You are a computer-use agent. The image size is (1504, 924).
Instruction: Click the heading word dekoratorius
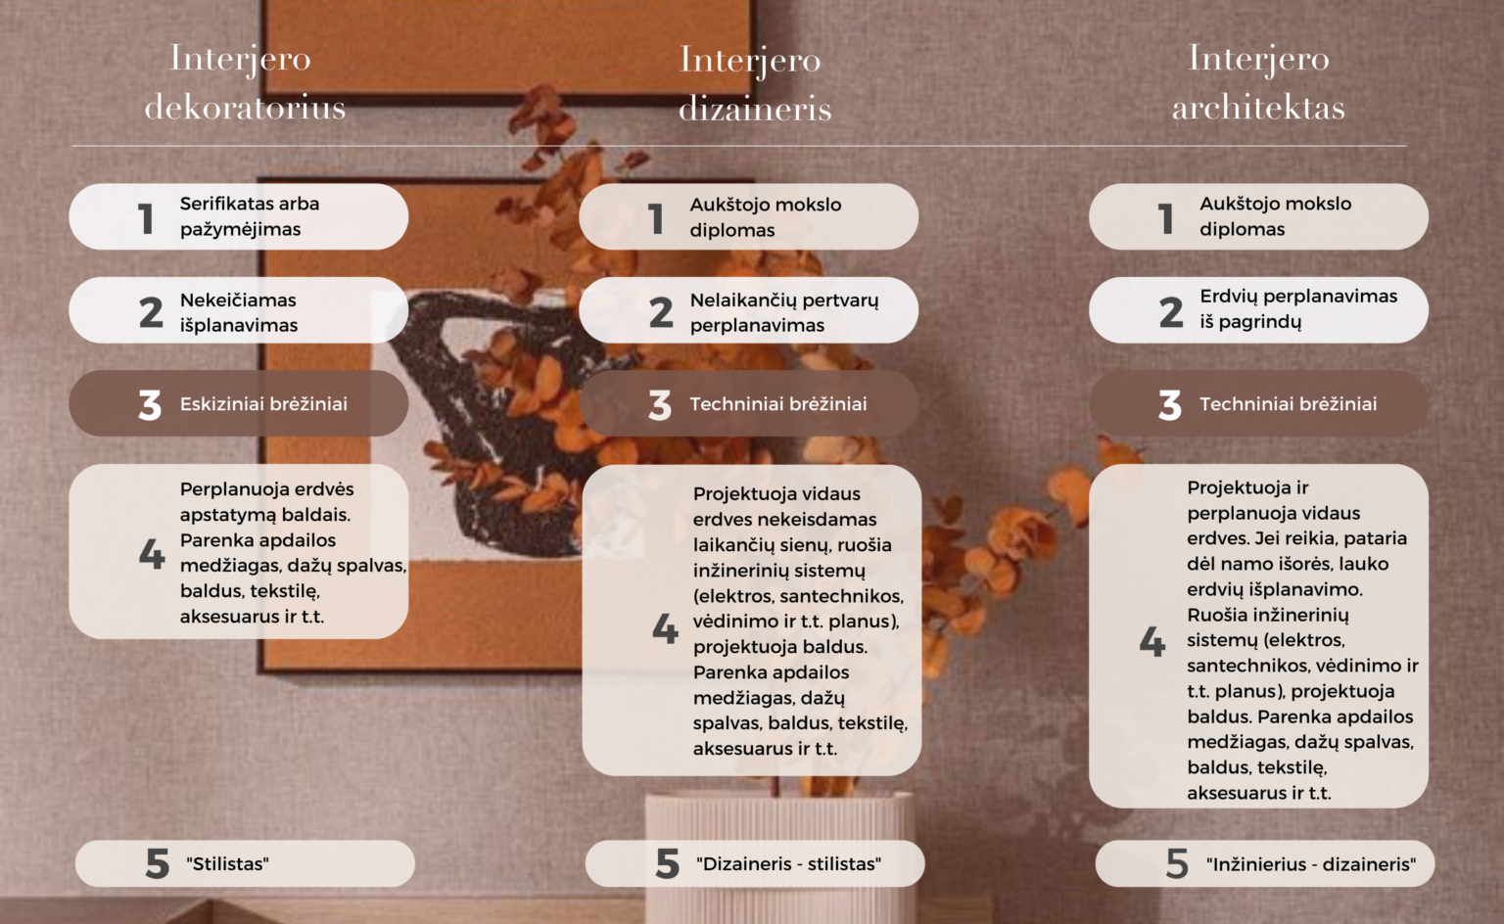coord(245,107)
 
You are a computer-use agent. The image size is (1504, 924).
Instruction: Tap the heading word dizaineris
coord(755,108)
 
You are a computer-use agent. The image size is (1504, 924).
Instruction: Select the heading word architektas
coord(1259,107)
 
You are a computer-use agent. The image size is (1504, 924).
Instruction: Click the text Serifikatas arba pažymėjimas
coord(250,216)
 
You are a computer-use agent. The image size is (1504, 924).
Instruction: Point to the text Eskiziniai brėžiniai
coord(263,404)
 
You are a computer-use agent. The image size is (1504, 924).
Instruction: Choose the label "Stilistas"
coord(227,863)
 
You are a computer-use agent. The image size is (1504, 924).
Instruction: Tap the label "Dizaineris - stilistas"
coord(789,863)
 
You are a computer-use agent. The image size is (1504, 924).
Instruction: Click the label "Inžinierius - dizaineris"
coord(1311,863)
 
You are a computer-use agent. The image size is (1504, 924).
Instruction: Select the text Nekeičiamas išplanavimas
coord(238,312)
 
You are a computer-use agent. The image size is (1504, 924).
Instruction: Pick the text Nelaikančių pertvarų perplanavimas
coord(784,312)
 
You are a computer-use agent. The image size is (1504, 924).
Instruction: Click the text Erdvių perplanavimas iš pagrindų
coord(1298,308)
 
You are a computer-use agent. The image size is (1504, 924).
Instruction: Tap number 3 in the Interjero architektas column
coord(1170,404)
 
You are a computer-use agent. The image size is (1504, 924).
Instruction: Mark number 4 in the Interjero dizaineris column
coord(666,628)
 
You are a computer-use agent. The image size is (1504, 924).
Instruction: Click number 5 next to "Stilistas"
coord(157,863)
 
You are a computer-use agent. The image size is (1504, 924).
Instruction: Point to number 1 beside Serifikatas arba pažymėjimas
coord(146,218)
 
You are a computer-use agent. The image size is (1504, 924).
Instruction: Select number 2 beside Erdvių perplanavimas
coord(1171,312)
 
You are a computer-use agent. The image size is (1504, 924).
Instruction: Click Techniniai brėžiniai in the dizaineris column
coord(778,404)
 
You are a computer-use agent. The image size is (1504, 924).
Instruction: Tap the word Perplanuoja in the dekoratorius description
coord(230,489)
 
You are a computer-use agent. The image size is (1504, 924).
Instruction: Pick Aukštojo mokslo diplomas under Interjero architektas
coord(1276,216)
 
